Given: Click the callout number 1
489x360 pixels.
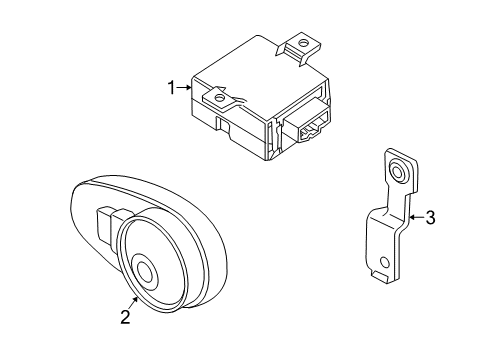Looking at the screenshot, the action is point(171,88).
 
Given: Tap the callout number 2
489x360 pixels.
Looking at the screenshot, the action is point(125,317).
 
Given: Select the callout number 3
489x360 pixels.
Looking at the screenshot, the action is point(431,218).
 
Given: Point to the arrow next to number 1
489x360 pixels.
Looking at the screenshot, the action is point(184,88).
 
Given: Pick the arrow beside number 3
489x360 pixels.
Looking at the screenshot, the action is point(417,218).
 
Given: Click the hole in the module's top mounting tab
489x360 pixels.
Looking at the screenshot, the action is point(303,43).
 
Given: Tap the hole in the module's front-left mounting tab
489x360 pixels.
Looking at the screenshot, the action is point(219,98).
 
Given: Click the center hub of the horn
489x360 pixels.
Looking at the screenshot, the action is point(145,270).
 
